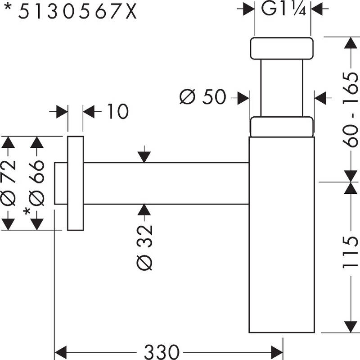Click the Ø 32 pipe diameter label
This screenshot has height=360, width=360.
tap(145, 247)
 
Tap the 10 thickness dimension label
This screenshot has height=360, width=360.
tap(117, 111)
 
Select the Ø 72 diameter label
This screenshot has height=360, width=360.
tap(9, 182)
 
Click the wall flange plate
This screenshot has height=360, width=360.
tap(76, 182)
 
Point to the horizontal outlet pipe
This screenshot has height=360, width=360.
tap(166, 183)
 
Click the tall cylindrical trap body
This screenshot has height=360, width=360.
tap(282, 234)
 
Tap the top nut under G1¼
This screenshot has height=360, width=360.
tap(282, 49)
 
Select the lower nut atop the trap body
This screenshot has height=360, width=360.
tap(282, 127)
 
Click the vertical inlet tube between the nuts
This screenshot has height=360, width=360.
tap(282, 88)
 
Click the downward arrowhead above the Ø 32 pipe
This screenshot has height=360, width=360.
tap(144, 156)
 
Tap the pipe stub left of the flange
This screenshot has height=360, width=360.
tap(61, 183)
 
